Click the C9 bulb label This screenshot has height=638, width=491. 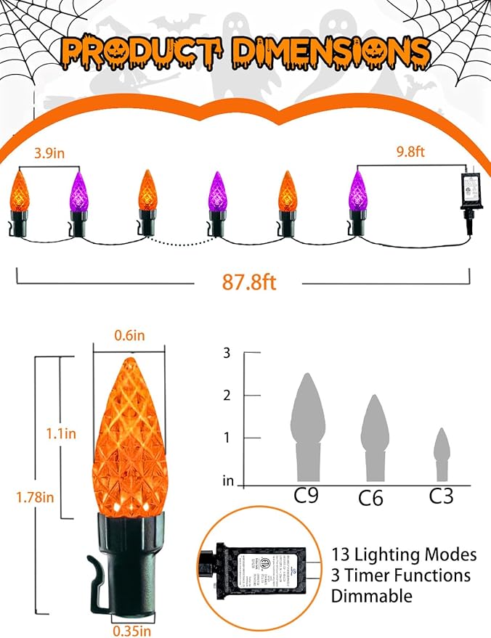point(307,496)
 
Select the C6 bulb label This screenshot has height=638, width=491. point(371,498)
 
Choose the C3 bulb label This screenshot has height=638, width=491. point(441,496)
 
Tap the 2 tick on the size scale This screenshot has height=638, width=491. point(227,396)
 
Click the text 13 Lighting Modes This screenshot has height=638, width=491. point(404,555)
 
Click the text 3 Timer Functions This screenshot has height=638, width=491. point(400,576)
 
